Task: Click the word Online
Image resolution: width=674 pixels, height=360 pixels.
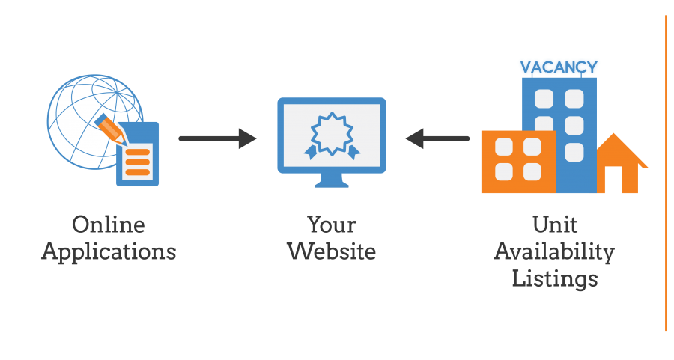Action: coord(109,225)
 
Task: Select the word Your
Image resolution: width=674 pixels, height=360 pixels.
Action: coord(332,225)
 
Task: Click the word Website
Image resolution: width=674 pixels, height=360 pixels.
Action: coord(332,251)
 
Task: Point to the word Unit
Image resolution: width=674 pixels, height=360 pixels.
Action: coord(554,225)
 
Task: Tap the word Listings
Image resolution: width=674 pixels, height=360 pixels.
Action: coord(555,279)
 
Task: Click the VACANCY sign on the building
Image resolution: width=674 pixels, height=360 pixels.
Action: coord(559,67)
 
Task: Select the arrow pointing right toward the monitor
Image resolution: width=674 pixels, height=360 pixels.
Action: coord(217,138)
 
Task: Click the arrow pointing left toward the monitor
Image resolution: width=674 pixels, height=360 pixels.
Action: coord(437,138)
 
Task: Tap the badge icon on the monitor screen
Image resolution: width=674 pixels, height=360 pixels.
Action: coord(332,135)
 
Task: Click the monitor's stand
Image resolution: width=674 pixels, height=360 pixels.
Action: coord(332,180)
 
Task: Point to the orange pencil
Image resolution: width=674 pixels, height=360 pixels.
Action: coord(110,128)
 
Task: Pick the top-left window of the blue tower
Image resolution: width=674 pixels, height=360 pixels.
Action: coord(544,99)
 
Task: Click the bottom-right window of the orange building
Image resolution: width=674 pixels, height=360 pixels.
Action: coord(532,172)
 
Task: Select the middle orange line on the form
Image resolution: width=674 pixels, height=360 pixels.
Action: coord(138,162)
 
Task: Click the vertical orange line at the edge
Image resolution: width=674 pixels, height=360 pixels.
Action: coord(667,173)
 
